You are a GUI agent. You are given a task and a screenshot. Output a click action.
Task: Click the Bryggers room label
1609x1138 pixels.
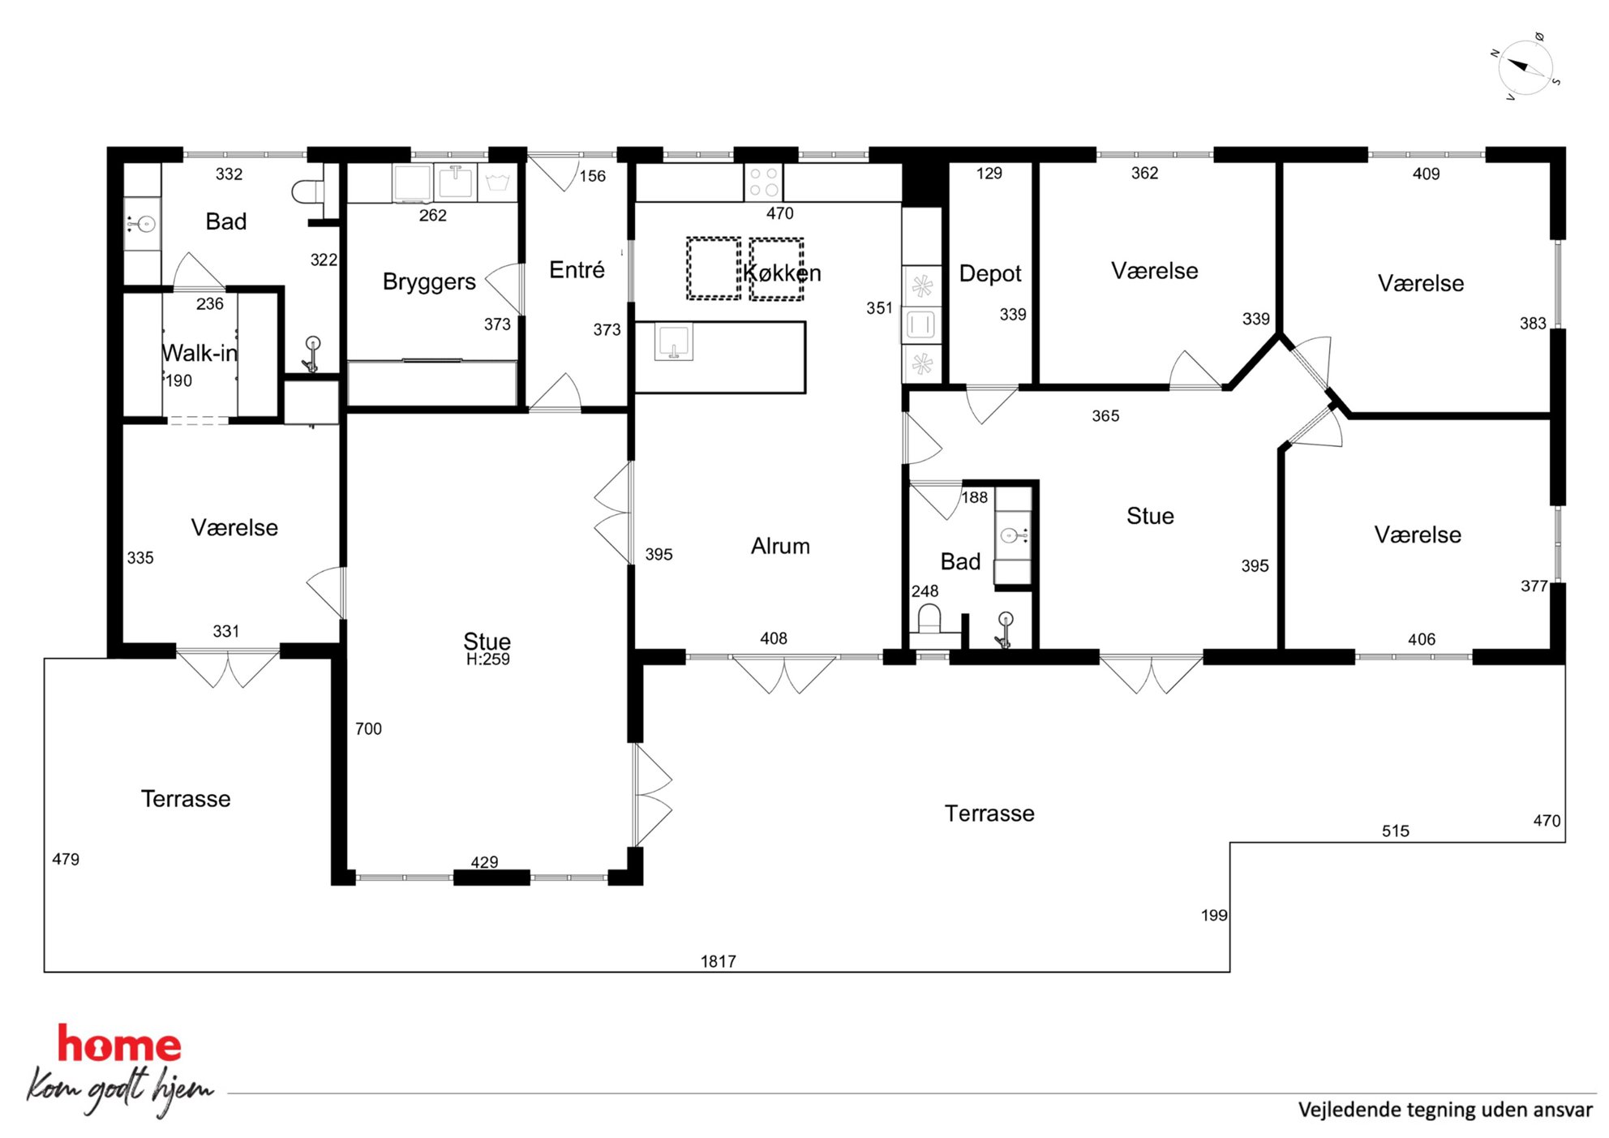[429, 282]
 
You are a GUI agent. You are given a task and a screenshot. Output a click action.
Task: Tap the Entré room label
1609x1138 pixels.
[577, 269]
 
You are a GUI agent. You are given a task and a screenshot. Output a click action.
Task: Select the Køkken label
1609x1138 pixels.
[782, 273]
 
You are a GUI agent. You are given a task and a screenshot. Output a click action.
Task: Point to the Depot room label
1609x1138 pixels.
[990, 274]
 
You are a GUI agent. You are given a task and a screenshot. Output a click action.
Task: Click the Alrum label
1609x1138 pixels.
[780, 546]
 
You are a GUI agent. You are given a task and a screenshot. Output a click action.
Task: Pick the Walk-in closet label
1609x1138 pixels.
[200, 353]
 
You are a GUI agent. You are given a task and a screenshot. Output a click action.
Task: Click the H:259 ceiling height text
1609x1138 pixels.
[487, 659]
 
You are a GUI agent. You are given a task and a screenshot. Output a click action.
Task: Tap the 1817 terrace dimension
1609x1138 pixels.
[718, 961]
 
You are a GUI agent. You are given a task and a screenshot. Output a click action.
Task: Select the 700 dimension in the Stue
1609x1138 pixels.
[368, 728]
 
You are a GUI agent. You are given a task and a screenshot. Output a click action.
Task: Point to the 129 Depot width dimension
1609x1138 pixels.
[989, 174]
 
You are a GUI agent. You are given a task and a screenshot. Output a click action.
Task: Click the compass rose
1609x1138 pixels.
[1525, 67]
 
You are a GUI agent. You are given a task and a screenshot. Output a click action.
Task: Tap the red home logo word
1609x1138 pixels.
[119, 1045]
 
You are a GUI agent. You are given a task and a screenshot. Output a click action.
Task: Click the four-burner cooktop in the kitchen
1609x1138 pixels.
[763, 182]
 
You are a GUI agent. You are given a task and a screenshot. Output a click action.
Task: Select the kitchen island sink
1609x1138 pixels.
[673, 341]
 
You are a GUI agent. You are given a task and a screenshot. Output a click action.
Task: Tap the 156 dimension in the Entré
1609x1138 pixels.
[592, 176]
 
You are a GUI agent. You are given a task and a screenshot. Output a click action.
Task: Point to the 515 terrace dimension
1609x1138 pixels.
[1395, 831]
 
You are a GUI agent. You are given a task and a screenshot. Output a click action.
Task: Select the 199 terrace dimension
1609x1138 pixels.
[1214, 916]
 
